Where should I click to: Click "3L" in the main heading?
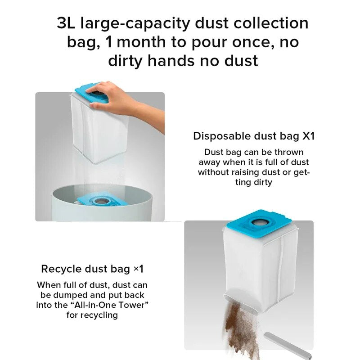(x=66, y=23)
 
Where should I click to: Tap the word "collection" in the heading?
(x=271, y=23)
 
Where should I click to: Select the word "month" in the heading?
(x=141, y=42)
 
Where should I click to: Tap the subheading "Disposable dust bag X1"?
(x=254, y=136)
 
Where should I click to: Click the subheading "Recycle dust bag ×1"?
(x=92, y=269)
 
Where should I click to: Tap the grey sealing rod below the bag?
(x=287, y=346)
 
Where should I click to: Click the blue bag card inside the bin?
(x=103, y=200)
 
